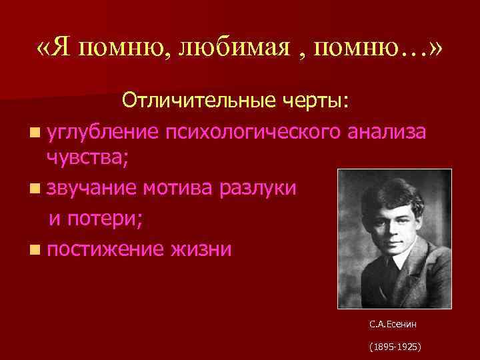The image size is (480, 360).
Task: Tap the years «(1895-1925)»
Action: point(391,348)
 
